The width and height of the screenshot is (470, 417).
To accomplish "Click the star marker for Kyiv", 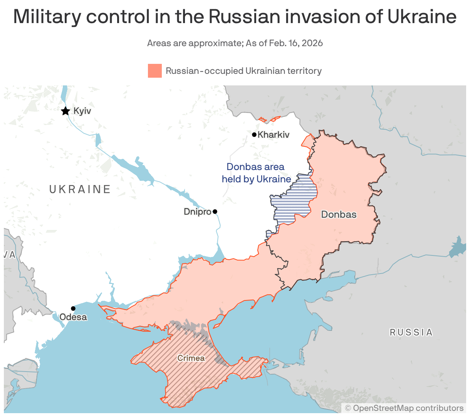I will pyautogui.click(x=65, y=111).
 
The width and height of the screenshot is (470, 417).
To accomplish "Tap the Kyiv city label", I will pyautogui.click(x=82, y=111).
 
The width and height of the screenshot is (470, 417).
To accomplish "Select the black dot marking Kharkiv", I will pyautogui.click(x=254, y=135).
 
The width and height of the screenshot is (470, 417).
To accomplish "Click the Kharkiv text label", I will pyautogui.click(x=274, y=135).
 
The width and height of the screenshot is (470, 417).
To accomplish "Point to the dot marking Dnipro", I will pyautogui.click(x=215, y=212).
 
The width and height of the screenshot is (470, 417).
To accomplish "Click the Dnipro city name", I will pyautogui.click(x=197, y=212).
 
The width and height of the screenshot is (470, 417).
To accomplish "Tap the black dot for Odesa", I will pyautogui.click(x=73, y=308).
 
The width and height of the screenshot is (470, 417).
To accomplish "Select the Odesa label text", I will pyautogui.click(x=73, y=317).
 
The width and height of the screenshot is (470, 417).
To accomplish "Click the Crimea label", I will pyautogui.click(x=191, y=358).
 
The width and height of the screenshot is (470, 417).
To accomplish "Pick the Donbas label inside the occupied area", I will pyautogui.click(x=339, y=215).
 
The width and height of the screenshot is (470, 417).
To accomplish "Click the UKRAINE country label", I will pyautogui.click(x=80, y=189).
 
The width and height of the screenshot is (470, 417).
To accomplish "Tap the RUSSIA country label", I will pyautogui.click(x=411, y=332).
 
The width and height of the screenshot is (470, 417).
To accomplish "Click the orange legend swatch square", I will pyautogui.click(x=154, y=71).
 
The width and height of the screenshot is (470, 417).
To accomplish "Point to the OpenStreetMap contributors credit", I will pyautogui.click(x=404, y=408).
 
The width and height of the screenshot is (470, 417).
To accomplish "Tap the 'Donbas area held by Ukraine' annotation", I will pyautogui.click(x=256, y=173).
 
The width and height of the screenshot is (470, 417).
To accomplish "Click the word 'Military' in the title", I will pyautogui.click(x=48, y=17).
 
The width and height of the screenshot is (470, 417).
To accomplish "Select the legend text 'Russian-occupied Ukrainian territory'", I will pyautogui.click(x=243, y=71).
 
